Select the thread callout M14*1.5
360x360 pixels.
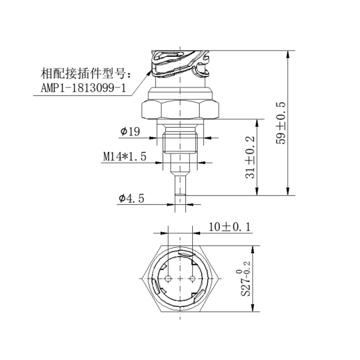click(125, 157)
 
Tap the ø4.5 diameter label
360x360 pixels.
click(131, 198)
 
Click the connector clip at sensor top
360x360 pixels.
click(180, 63)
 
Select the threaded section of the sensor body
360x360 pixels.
click(180, 142)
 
